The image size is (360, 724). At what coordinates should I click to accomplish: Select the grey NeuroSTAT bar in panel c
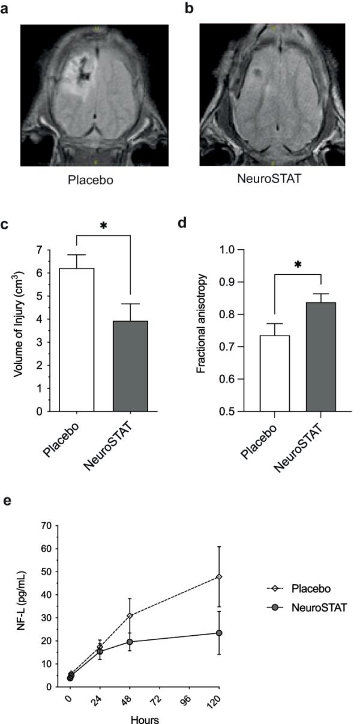[130, 366]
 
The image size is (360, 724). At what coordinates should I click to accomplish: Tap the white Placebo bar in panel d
[275, 372]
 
